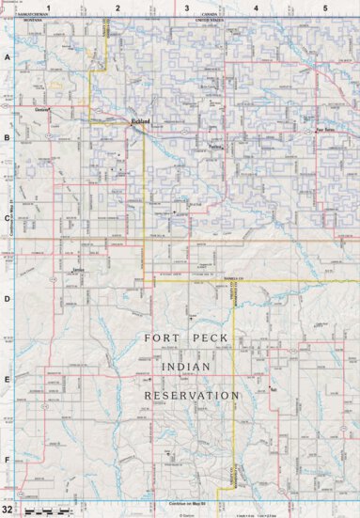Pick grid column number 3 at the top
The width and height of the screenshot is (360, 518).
point(186,7)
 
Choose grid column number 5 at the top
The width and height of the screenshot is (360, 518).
point(324,7)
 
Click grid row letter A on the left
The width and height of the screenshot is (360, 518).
point(7,56)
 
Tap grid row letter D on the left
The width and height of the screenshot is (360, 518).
point(7,299)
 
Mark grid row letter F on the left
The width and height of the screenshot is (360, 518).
point(7,460)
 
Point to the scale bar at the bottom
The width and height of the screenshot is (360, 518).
point(47,510)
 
